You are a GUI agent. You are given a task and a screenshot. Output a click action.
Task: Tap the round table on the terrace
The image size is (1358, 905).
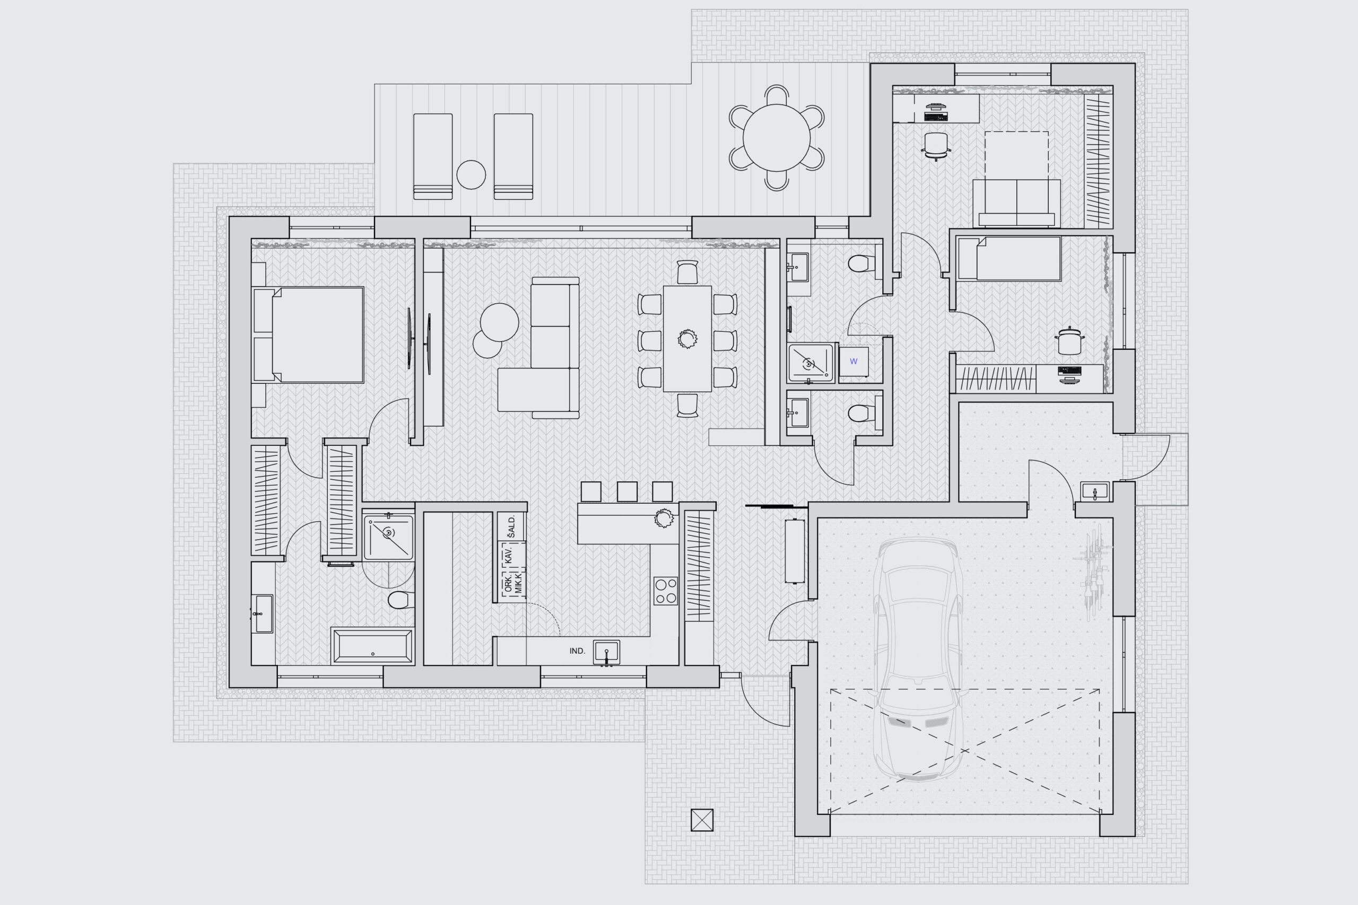pos(777,138)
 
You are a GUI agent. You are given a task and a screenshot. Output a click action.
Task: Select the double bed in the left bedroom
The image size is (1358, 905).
pos(308,335)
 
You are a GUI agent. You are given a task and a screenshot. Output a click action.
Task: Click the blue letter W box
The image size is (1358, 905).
pos(854,362)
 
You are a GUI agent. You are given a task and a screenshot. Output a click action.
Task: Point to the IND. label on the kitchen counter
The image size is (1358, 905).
pos(577,651)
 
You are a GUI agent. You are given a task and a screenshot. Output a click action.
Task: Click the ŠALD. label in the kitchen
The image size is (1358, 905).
pos(512,526)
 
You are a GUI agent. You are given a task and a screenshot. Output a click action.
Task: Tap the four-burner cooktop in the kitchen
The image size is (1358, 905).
pos(666,591)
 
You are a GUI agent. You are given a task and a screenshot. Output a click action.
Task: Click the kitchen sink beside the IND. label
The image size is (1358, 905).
pos(606,652)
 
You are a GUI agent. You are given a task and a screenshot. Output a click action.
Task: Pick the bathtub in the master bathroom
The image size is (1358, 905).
pos(372,646)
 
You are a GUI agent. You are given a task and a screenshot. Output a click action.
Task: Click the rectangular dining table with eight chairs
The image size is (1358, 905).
pos(687,339)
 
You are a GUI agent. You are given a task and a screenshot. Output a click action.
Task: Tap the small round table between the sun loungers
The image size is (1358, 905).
pos(471,175)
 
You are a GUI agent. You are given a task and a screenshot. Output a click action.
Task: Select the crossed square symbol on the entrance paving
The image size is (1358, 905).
pos(702,820)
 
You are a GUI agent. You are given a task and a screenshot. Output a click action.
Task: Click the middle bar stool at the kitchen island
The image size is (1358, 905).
pos(627,492)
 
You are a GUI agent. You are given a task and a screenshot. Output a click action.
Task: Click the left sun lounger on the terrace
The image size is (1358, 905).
pos(433,156)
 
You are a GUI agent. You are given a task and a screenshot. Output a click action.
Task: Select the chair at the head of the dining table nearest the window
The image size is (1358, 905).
pos(687,273)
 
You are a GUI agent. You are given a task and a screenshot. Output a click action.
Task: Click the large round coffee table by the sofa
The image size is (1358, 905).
pos(499,322)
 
